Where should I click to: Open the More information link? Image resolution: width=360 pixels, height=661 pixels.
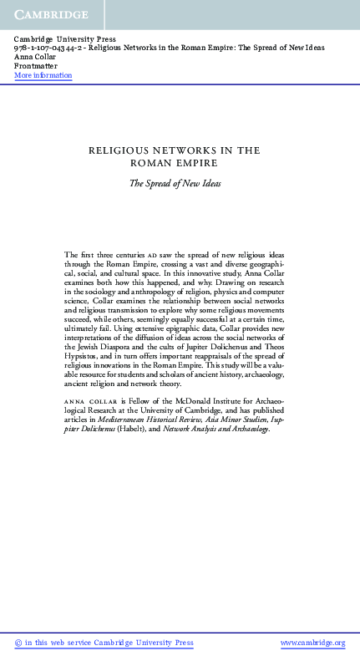pyautogui.click(x=43, y=75)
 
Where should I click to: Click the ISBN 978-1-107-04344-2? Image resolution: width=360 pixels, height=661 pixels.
pyautogui.click(x=50, y=48)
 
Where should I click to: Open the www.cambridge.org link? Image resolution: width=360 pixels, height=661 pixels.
pyautogui.click(x=312, y=643)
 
